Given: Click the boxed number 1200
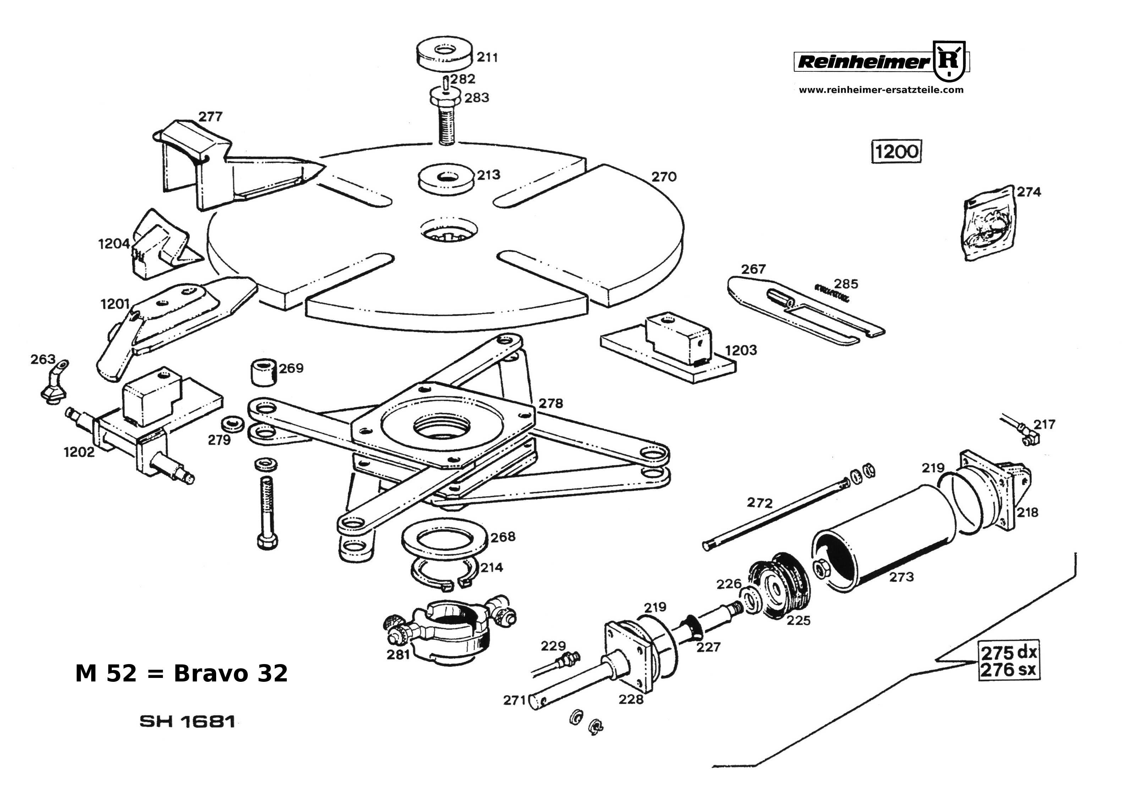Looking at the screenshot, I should (897, 151).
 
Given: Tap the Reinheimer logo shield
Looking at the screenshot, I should (949, 61).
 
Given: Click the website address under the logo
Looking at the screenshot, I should (881, 90).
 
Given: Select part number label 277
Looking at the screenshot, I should (210, 117).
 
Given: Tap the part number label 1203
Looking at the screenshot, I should (741, 350).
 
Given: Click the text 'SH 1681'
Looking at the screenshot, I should (187, 722).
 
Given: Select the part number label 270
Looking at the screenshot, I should (664, 176).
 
